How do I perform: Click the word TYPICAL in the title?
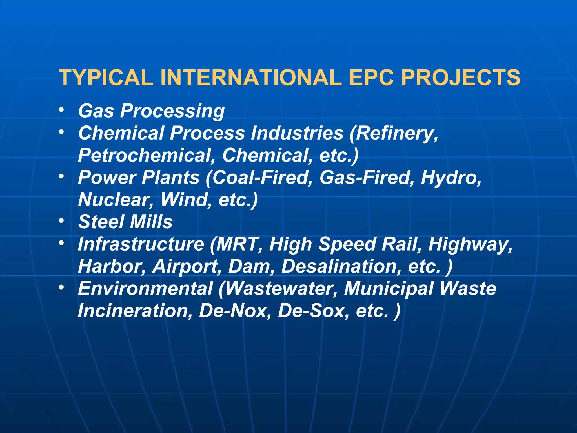[106, 78]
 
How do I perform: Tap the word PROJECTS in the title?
[461, 78]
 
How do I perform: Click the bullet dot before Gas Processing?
[61, 110]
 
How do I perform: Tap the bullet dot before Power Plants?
[61, 176]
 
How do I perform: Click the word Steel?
[101, 222]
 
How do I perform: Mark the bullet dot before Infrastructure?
[61, 243]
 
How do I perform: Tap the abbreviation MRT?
[238, 244]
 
